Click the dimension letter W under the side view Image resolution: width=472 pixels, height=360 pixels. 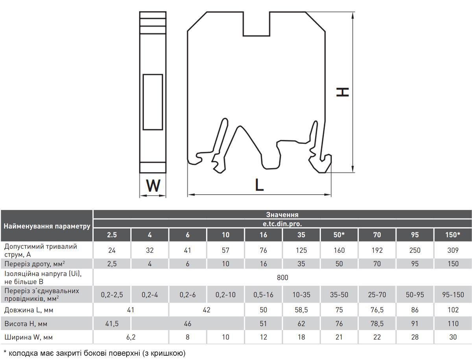pyautogui.click(x=153, y=186)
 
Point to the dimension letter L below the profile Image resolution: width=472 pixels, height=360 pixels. pyautogui.click(x=259, y=185)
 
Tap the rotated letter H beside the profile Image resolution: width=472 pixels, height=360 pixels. pyautogui.click(x=343, y=92)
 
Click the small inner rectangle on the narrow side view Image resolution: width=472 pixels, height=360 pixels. pyautogui.click(x=153, y=102)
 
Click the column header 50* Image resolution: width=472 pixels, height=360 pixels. pyautogui.click(x=339, y=235)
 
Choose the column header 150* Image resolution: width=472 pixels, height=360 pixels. pyautogui.click(x=453, y=235)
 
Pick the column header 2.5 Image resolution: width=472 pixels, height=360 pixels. pyautogui.click(x=112, y=235)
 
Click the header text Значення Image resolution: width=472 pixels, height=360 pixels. pyautogui.click(x=282, y=215)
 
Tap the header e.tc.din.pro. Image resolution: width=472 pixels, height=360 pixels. pyautogui.click(x=282, y=224)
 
